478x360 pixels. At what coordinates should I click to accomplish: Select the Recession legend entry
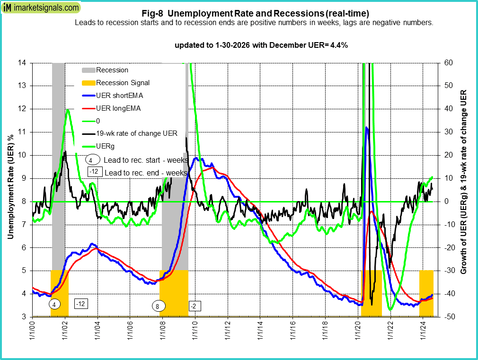click(112, 70)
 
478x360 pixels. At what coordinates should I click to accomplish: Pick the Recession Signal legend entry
click(123, 83)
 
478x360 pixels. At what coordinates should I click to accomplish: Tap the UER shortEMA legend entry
click(119, 96)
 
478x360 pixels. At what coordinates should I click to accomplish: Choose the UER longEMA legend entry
click(118, 108)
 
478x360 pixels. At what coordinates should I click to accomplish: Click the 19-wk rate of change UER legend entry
click(136, 133)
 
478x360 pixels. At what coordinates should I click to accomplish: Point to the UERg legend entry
click(106, 146)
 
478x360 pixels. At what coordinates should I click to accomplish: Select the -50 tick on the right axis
click(447, 317)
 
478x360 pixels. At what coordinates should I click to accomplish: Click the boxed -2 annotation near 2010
click(194, 306)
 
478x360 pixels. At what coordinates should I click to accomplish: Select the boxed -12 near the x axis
click(82, 303)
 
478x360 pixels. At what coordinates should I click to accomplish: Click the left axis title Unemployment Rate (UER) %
click(10, 189)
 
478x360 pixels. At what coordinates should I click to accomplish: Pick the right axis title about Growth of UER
click(464, 182)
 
